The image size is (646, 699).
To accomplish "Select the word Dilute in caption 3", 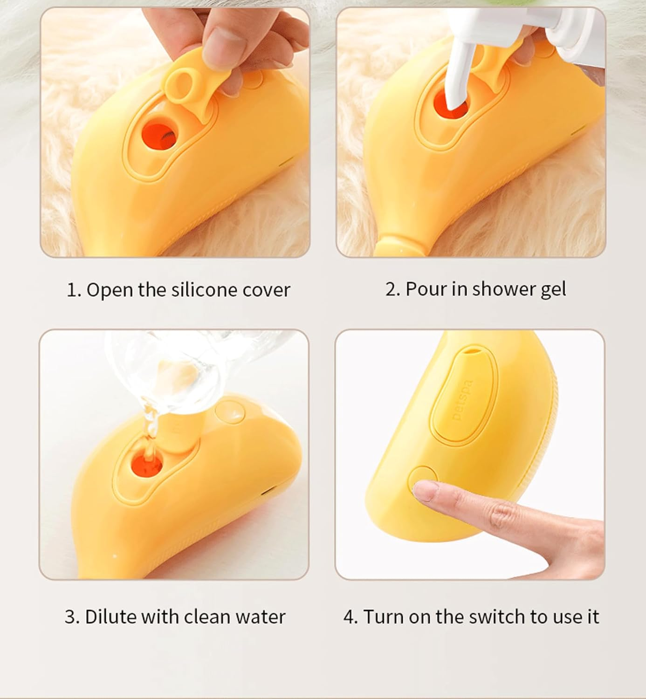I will tap(110, 617).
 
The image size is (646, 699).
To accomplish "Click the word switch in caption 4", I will tap(498, 617).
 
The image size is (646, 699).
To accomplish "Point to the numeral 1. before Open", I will tap(74, 290).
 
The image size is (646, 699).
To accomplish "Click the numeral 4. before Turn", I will tap(350, 617).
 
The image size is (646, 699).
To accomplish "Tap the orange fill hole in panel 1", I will tap(159, 134).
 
